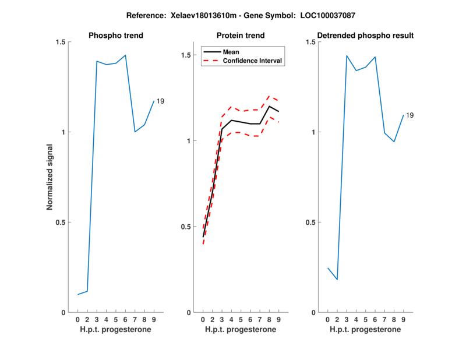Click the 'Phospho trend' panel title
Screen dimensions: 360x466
(116, 36)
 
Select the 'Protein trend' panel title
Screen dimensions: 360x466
(241, 36)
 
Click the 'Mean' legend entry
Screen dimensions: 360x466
(231, 52)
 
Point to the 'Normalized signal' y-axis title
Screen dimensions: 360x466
(50, 177)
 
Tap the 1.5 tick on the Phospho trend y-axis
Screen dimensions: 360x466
(60, 42)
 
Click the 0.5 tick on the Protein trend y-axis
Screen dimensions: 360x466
(186, 227)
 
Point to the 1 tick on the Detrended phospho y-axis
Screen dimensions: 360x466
(312, 132)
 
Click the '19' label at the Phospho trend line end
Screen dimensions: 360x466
(160, 101)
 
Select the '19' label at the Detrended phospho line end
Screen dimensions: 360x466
(409, 115)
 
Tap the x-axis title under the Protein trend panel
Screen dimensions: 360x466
(241, 330)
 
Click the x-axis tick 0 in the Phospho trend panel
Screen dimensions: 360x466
(78, 320)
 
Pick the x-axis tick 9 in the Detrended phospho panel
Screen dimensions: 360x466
(404, 320)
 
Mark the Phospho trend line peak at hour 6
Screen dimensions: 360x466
(125, 55)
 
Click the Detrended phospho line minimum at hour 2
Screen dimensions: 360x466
(337, 280)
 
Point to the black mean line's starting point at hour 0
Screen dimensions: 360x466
(203, 237)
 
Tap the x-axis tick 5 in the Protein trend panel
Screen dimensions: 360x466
(241, 320)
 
